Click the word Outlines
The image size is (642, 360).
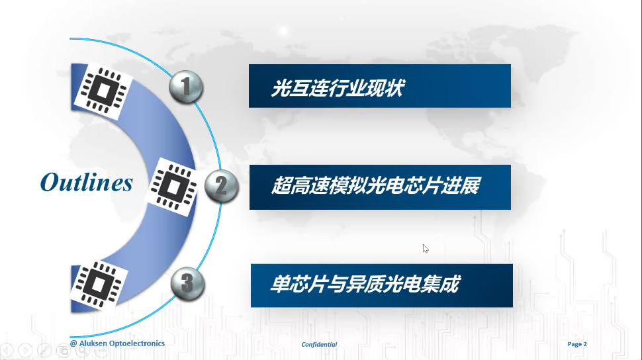[87, 182]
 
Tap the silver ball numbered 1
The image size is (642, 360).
[186, 87]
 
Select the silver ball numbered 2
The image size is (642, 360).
[221, 186]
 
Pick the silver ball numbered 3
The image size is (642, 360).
[187, 283]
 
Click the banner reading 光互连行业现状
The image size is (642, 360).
[379, 86]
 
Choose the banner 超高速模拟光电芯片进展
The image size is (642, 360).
[380, 187]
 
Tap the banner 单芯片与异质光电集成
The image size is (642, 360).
[382, 285]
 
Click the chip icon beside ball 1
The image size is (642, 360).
[103, 91]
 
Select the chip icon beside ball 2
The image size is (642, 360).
[173, 187]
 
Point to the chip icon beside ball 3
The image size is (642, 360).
[98, 285]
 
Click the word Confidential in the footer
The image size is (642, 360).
[319, 344]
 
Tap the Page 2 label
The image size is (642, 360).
[577, 344]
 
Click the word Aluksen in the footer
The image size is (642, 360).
[93, 343]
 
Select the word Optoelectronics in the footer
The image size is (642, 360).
[137, 343]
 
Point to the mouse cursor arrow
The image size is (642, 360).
[426, 249]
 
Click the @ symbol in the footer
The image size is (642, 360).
[73, 343]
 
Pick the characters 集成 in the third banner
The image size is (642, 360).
[442, 284]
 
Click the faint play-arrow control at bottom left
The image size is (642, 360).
[25, 351]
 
